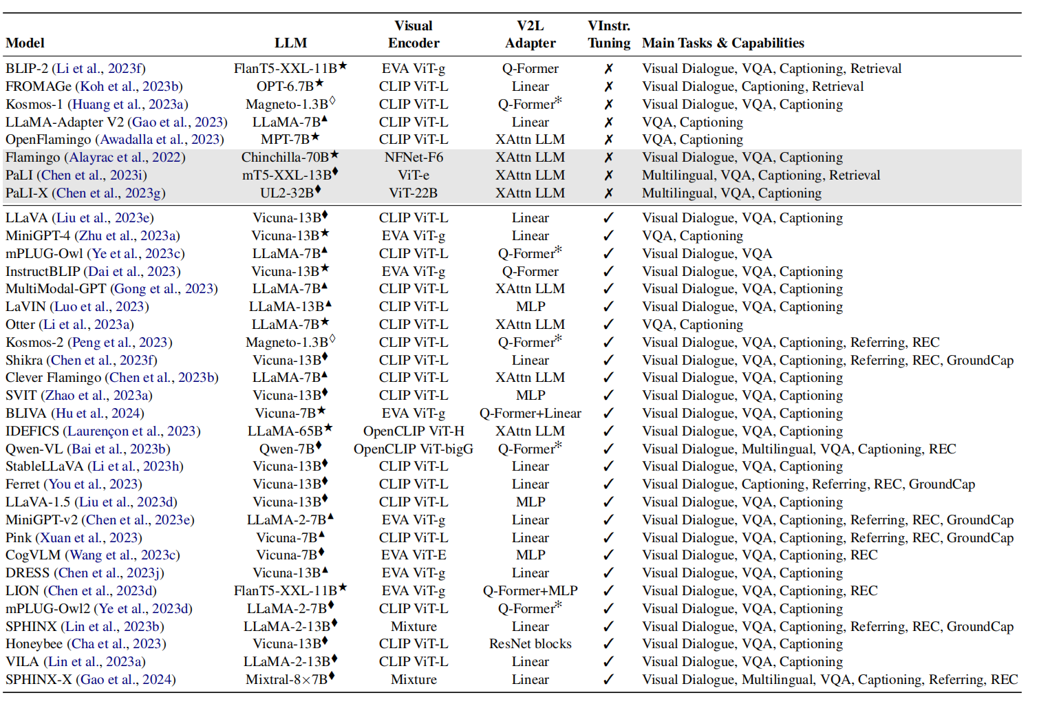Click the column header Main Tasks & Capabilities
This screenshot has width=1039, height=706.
pyautogui.click(x=722, y=43)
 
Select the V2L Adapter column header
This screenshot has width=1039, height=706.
pyautogui.click(x=531, y=34)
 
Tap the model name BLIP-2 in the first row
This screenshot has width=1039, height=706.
pyautogui.click(x=26, y=69)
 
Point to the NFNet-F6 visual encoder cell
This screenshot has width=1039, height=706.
pyautogui.click(x=414, y=158)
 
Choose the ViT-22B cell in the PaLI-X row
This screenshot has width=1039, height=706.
pyautogui.click(x=414, y=193)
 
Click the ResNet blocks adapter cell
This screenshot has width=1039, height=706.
pyautogui.click(x=531, y=644)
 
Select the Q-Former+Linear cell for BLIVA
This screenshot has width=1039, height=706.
pyautogui.click(x=531, y=414)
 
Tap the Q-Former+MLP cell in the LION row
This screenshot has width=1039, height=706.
pyautogui.click(x=531, y=591)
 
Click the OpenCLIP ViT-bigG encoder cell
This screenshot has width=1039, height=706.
pyautogui.click(x=414, y=449)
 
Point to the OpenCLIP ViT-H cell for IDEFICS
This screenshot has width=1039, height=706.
pyautogui.click(x=414, y=431)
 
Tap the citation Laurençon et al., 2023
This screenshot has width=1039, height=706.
pyautogui.click(x=131, y=431)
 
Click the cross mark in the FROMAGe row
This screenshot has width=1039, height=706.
pyautogui.click(x=608, y=87)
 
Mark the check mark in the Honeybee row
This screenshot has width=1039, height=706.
pyautogui.click(x=608, y=644)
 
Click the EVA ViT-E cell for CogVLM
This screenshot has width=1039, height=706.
pyautogui.click(x=414, y=555)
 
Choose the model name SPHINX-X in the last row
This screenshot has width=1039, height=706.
pyautogui.click(x=39, y=680)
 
